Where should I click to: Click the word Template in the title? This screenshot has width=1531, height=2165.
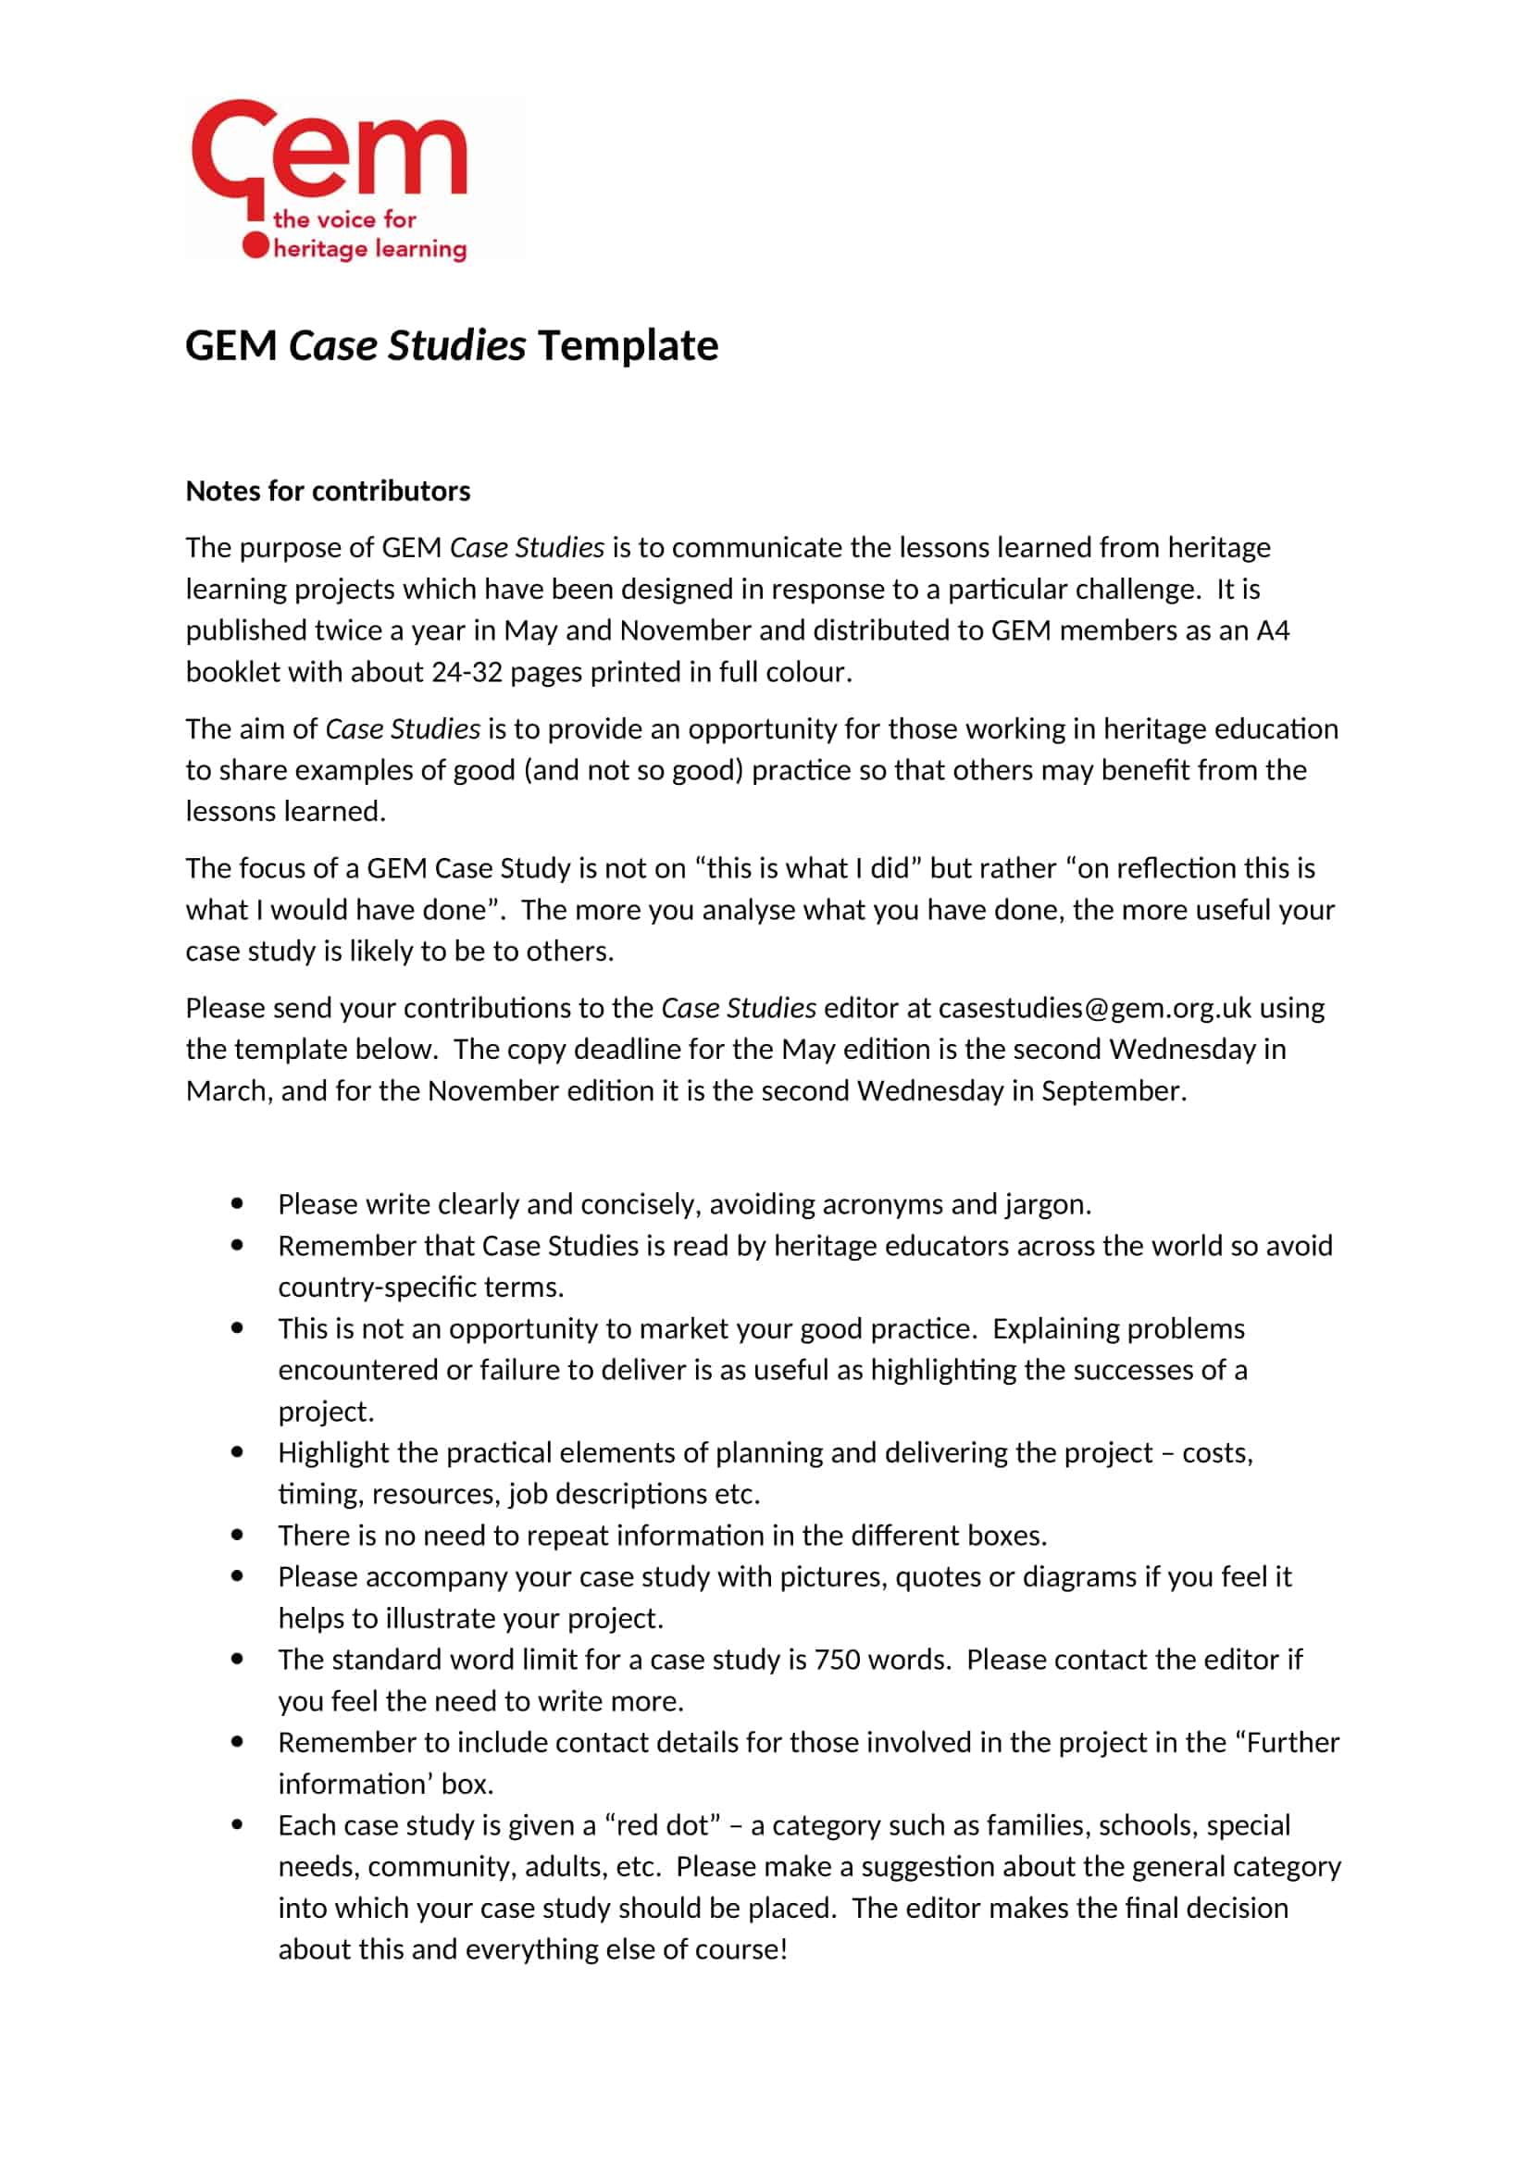(628, 346)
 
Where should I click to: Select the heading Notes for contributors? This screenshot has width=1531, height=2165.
(327, 491)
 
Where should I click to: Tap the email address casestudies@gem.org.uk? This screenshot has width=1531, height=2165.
(1094, 1008)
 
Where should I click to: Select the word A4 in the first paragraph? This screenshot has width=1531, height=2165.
(1273, 631)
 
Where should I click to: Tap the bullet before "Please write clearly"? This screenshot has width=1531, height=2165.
(237, 1204)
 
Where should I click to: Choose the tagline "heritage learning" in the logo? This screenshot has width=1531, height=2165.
(369, 249)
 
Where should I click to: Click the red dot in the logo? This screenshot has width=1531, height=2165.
(255, 246)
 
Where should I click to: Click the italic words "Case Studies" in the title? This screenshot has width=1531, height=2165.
(407, 346)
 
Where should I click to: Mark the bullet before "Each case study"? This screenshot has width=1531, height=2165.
(237, 1824)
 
